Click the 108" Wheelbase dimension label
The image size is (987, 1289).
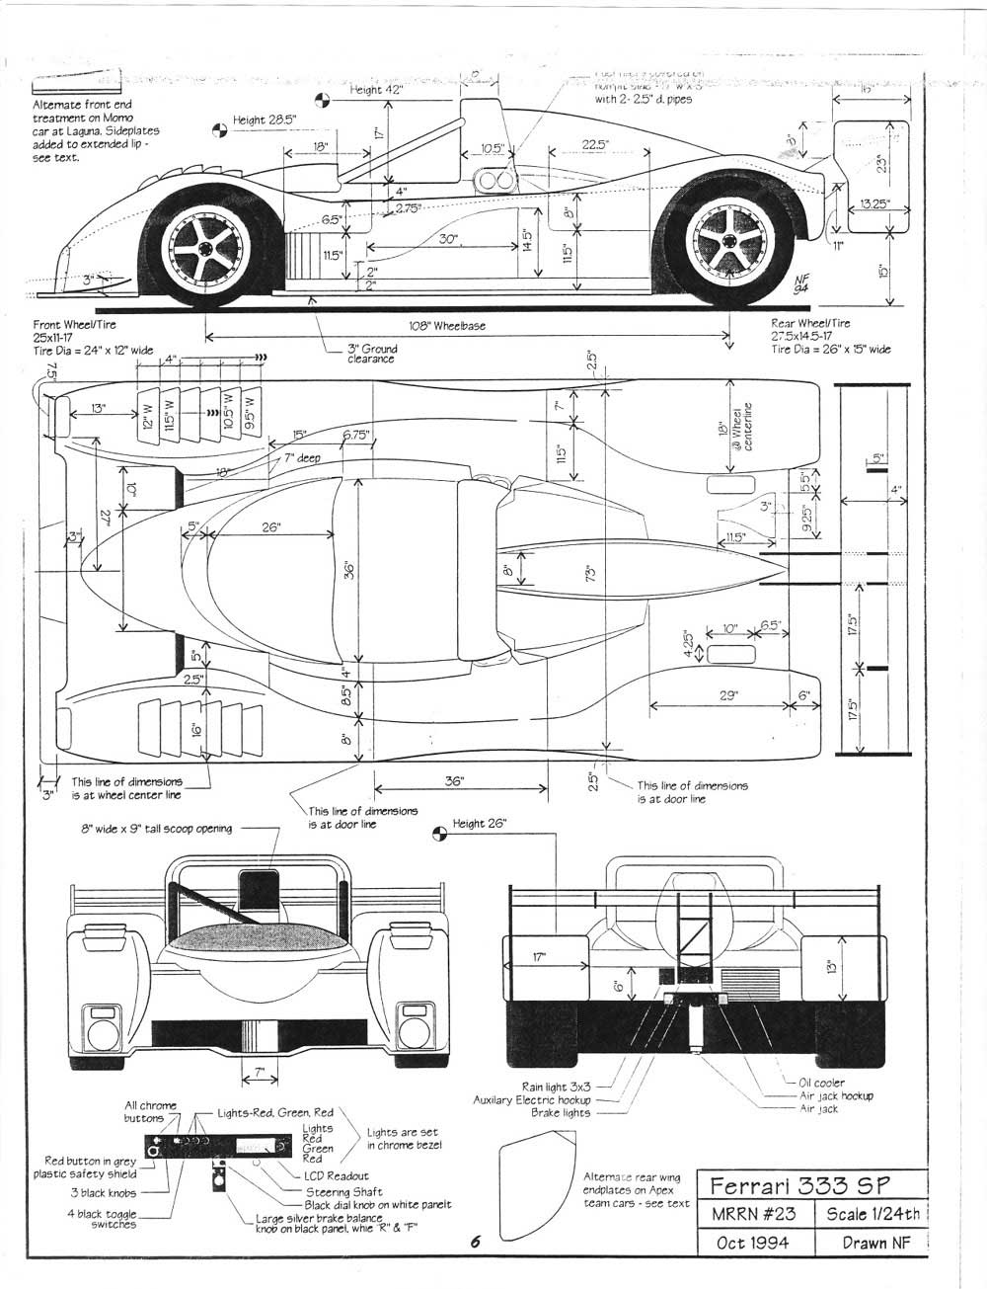pos(447,326)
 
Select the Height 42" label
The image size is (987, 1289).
pos(378,90)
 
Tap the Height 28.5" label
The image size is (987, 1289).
pos(265,121)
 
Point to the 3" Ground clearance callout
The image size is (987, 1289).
pos(371,354)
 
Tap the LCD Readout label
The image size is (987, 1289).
pos(336,1176)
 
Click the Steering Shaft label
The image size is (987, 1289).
pos(344,1191)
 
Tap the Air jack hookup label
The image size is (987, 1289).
pos(836,1095)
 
